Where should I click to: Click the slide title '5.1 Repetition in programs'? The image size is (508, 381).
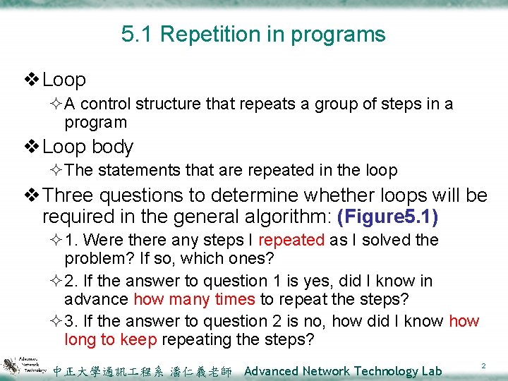coord(253,34)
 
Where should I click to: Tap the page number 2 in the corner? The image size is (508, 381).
coord(483,365)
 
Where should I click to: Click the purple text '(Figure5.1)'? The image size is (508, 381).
coord(388,215)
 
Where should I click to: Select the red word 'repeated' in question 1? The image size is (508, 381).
coord(292,240)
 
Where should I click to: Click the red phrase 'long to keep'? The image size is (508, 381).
coord(111,339)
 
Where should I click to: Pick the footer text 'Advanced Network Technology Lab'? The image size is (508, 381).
coord(342,370)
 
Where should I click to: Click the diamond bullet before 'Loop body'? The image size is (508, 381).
coord(33,147)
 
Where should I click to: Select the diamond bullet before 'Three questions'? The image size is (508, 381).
coord(33,195)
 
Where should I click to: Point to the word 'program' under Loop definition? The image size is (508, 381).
coord(95,123)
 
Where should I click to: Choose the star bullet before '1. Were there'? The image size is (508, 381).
coord(56,240)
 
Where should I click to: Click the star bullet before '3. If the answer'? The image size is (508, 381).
coord(56,322)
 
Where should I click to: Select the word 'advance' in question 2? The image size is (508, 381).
coord(97,298)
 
